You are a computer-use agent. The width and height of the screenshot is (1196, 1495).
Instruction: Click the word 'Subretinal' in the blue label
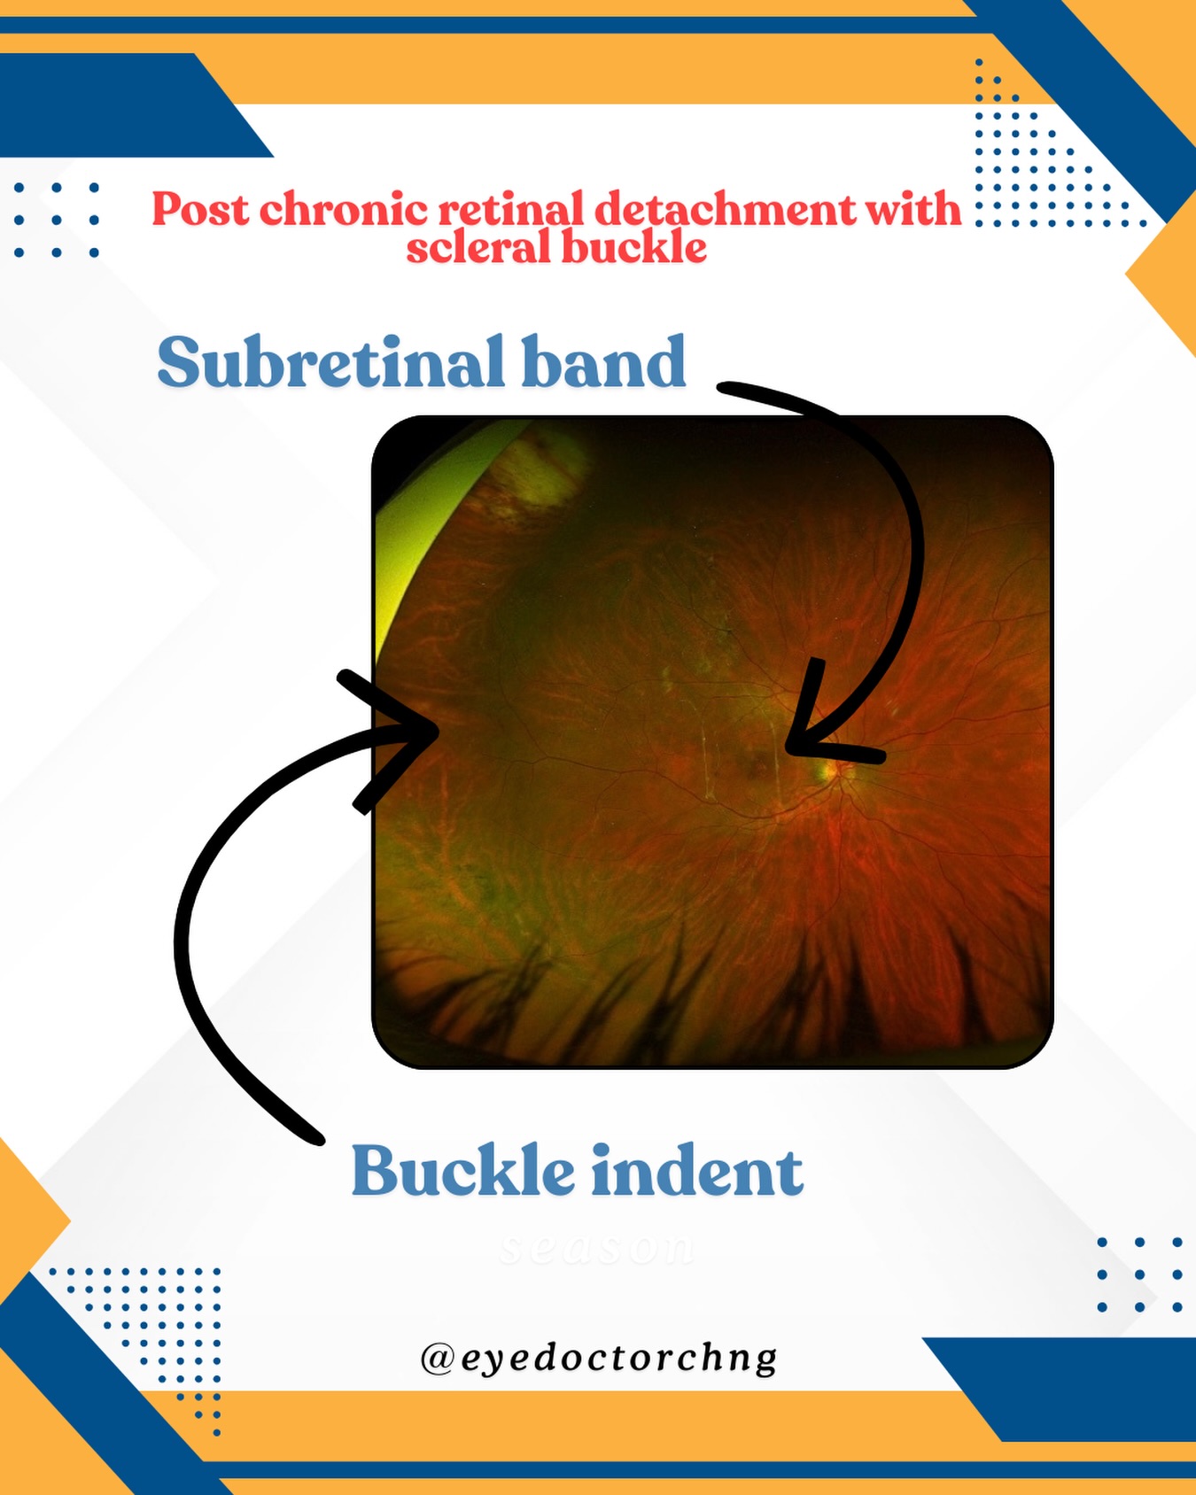coord(330,362)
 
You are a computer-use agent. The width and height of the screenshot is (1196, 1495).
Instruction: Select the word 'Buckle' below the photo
coord(462,1171)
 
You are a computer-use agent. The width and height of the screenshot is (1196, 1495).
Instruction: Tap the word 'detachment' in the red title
coord(724,210)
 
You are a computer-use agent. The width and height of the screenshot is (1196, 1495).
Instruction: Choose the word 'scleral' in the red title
coord(478,248)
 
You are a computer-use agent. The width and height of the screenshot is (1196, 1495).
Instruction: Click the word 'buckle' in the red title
coord(634,248)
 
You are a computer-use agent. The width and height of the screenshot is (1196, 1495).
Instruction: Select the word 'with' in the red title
coord(913,210)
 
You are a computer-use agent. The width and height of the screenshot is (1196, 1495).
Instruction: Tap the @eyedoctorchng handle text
coord(599,1358)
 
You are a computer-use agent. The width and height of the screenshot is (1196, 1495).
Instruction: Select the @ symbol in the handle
coord(437,1358)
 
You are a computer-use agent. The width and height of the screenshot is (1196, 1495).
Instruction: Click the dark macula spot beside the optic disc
coord(760,763)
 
